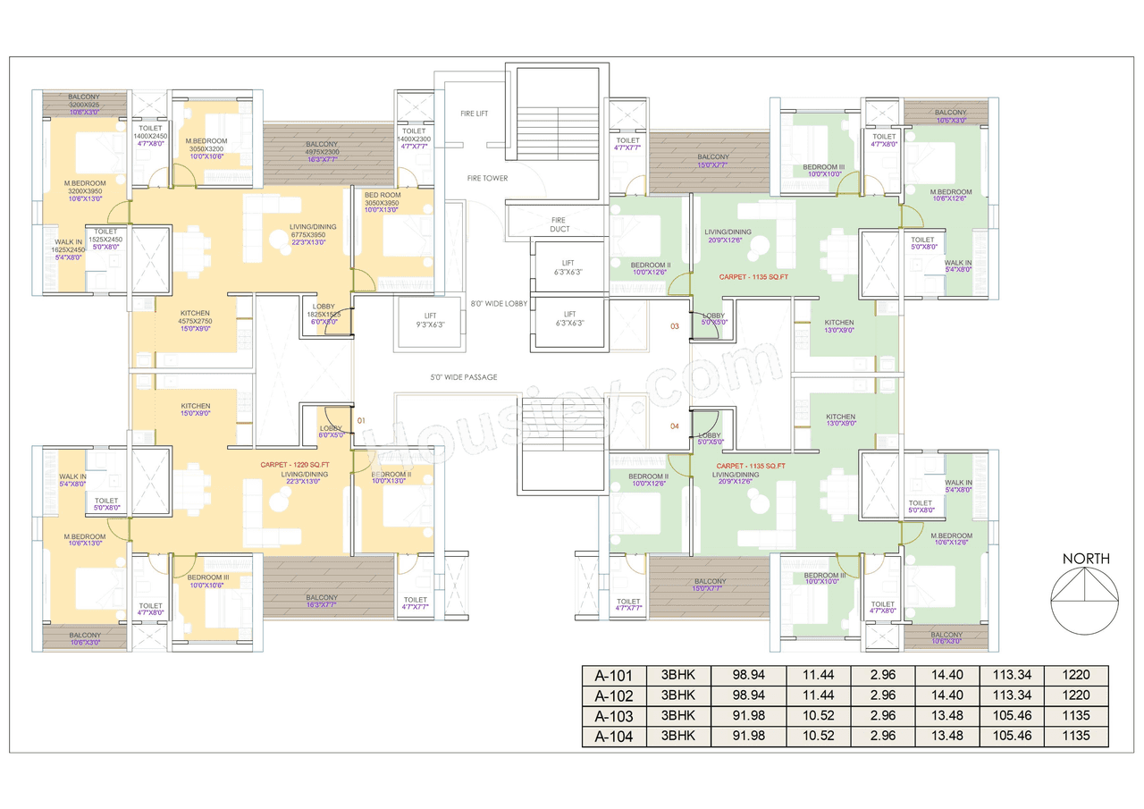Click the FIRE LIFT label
tap(474, 114)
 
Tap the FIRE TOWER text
tap(487, 178)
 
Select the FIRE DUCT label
tap(558, 224)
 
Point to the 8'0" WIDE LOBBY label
tap(499, 304)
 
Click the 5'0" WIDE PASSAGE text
tap(463, 377)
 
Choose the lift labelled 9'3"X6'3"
tap(430, 319)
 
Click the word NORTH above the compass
tap(1086, 559)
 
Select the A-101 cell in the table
tap(613, 675)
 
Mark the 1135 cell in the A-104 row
tap(1076, 737)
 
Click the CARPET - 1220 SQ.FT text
tap(295, 465)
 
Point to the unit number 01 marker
tap(361, 419)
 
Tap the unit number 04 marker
tap(675, 426)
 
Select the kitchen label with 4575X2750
tap(195, 317)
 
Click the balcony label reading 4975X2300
tap(322, 149)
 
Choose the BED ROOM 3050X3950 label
tap(382, 199)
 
